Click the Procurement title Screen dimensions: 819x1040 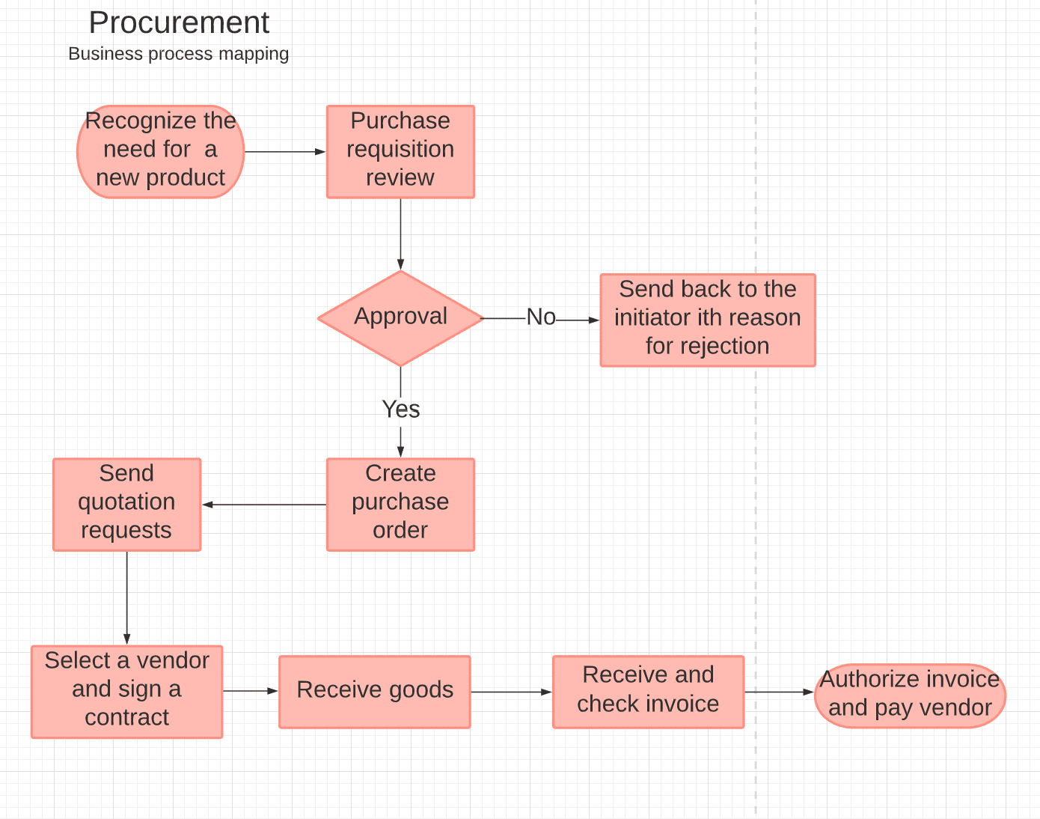point(179,23)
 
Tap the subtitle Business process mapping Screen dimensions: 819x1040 point(178,54)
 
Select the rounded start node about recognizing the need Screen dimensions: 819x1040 point(160,150)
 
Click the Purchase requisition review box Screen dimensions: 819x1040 point(400,150)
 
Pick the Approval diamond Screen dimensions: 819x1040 point(400,317)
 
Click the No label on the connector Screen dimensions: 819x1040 point(541,317)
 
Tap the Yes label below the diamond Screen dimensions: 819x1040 point(400,409)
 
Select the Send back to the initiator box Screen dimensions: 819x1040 point(707,319)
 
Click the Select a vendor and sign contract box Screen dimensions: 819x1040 point(126,690)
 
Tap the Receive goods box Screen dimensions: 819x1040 point(374,690)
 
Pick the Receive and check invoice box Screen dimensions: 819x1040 point(648,690)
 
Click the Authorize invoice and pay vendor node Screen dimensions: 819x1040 point(909,694)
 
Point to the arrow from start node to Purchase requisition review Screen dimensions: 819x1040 point(284,151)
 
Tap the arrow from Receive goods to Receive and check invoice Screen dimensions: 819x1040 point(511,692)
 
